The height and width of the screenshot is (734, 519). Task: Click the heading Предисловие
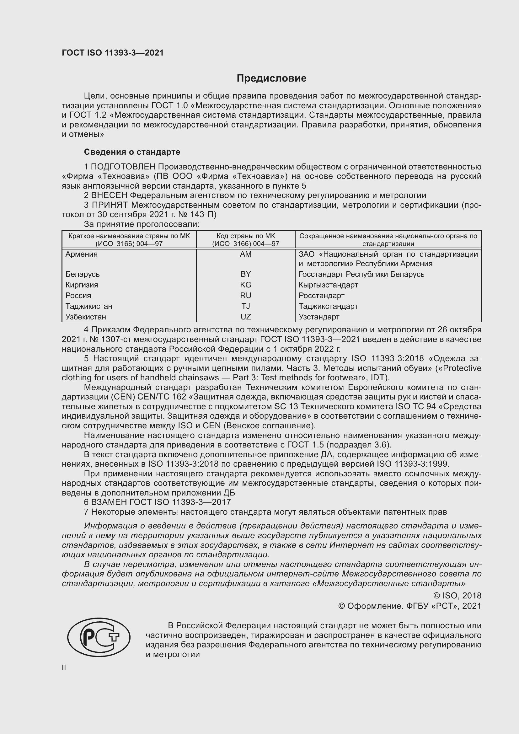pos(271,78)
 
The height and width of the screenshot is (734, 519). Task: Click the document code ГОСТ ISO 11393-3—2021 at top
pos(113,53)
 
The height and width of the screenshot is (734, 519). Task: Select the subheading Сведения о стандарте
pos(132,152)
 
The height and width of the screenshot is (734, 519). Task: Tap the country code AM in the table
pos(245,254)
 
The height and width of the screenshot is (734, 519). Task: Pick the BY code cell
pos(245,274)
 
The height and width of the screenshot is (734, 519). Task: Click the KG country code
pos(245,285)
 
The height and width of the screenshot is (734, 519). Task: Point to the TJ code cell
pos(245,306)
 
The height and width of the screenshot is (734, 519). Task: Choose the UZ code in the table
pos(245,317)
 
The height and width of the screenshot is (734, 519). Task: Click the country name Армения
pos(82,254)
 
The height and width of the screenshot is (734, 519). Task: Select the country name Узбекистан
pos(85,317)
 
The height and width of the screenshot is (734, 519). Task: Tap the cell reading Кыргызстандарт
pos(328,285)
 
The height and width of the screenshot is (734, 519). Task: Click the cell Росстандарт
pos(322,295)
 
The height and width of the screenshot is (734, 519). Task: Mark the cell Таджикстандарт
pos(328,306)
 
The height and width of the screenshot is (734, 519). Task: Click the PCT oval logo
pos(99,637)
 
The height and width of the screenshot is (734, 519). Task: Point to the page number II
pos(64,668)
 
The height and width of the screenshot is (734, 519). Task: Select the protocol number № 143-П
pos(201,215)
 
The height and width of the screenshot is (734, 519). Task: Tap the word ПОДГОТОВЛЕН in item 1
pos(123,167)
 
